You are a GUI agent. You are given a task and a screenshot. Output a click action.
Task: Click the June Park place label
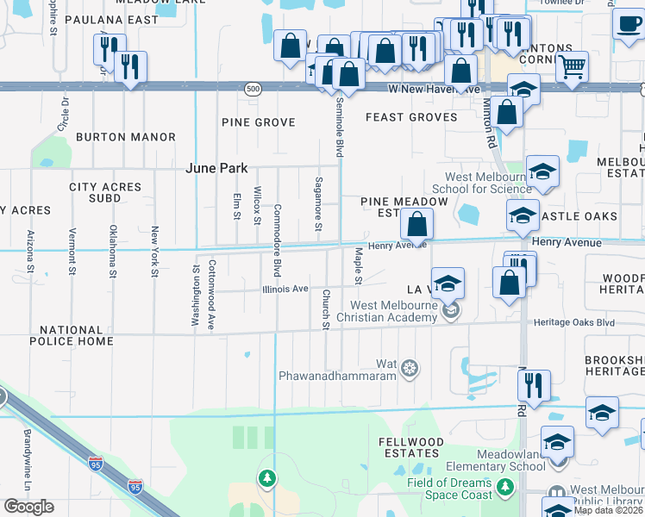(x=216, y=168)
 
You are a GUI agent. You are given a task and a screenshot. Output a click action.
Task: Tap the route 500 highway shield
(x=252, y=89)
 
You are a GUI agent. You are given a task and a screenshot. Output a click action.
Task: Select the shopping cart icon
(x=573, y=65)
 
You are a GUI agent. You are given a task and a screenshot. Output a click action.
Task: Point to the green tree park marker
(x=267, y=477)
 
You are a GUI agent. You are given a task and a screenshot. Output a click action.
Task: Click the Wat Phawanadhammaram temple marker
(x=410, y=368)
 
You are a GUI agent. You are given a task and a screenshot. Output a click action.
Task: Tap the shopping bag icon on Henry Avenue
(x=416, y=226)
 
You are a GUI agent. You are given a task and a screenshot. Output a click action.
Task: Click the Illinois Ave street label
(x=285, y=290)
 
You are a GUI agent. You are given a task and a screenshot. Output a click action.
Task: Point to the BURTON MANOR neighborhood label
(x=126, y=137)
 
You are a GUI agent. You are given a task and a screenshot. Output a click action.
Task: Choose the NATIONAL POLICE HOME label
(x=76, y=336)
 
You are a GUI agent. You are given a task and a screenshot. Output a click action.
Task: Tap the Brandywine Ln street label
(x=27, y=472)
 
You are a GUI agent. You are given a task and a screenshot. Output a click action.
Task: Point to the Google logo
(x=28, y=507)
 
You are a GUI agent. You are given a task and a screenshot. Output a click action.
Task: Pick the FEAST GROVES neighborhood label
(x=410, y=117)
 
